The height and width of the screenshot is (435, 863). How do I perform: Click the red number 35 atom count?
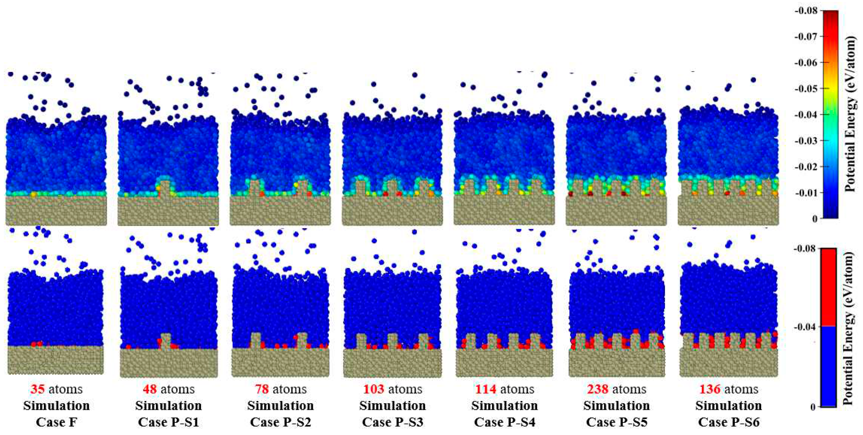37,389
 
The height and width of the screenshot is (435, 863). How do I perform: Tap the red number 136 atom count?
710,389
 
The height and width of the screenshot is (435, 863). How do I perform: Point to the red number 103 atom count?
374,389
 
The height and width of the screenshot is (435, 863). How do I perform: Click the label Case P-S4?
505,422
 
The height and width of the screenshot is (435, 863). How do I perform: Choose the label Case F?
56,422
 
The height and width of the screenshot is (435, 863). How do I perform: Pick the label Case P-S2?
280,422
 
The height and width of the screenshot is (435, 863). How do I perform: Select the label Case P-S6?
729,422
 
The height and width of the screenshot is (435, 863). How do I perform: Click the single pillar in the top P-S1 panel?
165,188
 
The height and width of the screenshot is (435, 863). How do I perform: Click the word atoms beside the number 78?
290,389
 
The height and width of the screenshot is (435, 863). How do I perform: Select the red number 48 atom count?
150,389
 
